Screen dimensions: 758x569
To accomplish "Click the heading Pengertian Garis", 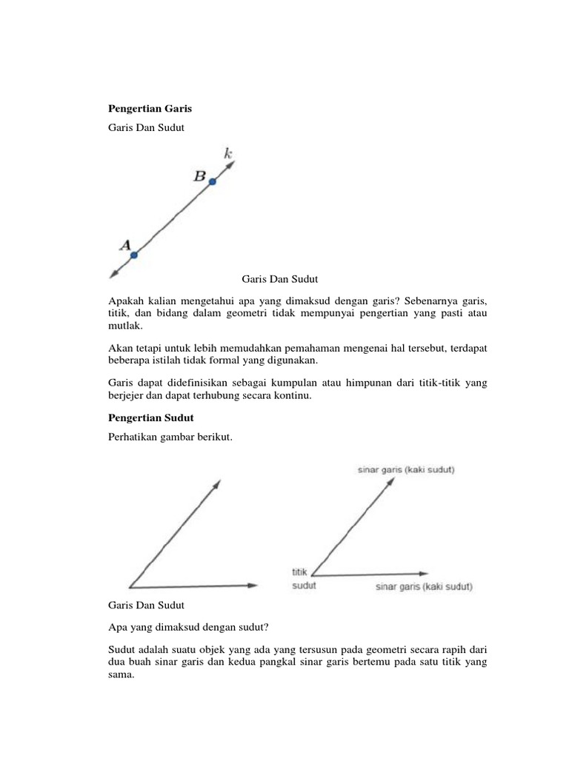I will (150, 108).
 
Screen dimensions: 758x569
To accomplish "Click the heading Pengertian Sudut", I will (150, 417).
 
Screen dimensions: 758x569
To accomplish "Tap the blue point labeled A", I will (134, 255).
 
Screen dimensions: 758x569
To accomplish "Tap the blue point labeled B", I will (212, 181).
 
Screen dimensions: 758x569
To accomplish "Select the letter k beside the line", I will (228, 154).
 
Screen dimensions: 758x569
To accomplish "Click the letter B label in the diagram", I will (199, 176).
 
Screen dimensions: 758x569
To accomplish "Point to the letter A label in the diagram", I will (125, 244).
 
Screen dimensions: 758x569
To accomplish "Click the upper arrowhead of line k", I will (232, 165).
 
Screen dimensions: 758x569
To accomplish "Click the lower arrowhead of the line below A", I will (113, 275).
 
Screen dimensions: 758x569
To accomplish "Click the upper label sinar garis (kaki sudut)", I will (406, 469).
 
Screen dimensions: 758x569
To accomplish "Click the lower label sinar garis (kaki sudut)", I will (424, 587).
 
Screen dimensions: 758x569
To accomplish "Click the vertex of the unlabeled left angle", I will (130, 586).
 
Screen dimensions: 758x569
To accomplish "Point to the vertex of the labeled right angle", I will (312, 574).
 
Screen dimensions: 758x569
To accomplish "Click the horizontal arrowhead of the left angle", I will (253, 586).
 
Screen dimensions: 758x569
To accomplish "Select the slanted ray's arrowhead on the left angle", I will (217, 483).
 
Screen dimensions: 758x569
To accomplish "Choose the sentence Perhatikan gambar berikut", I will (170, 437).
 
